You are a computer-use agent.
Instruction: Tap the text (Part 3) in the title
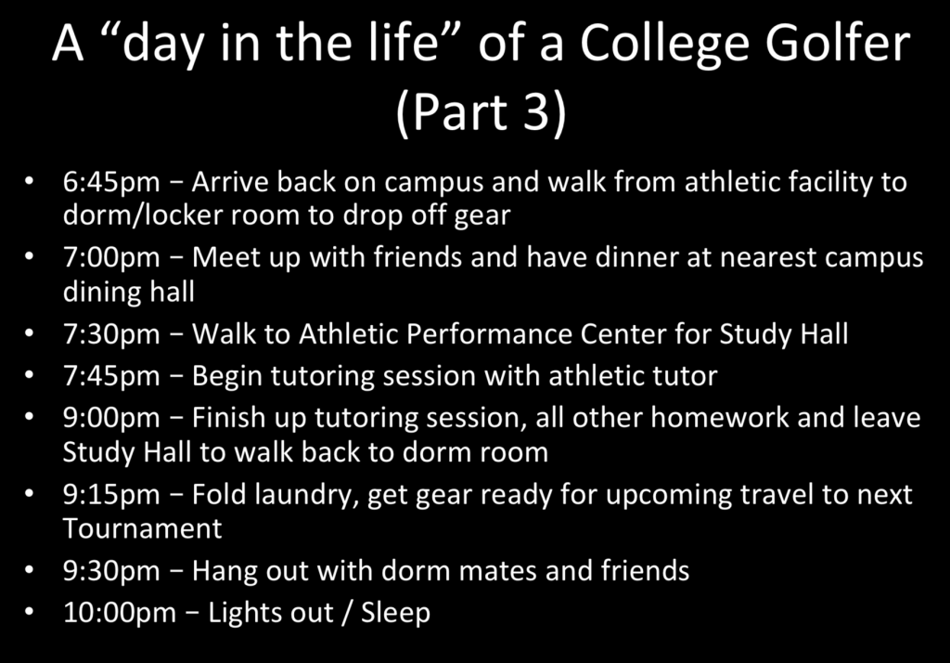(x=481, y=111)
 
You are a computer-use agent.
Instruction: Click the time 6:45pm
(x=111, y=183)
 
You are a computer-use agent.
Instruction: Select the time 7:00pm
(x=111, y=258)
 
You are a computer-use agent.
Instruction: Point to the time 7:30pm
(x=111, y=335)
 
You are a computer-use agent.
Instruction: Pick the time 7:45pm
(x=111, y=376)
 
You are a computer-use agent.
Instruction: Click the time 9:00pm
(x=111, y=418)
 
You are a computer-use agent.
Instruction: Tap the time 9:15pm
(x=111, y=495)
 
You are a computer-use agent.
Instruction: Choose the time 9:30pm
(x=111, y=571)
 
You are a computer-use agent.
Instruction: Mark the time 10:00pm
(x=120, y=613)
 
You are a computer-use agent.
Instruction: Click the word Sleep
(x=395, y=613)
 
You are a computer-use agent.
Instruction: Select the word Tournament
(x=142, y=528)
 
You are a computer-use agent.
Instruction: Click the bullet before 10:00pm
(x=30, y=613)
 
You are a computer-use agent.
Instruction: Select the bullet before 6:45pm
(x=30, y=183)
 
